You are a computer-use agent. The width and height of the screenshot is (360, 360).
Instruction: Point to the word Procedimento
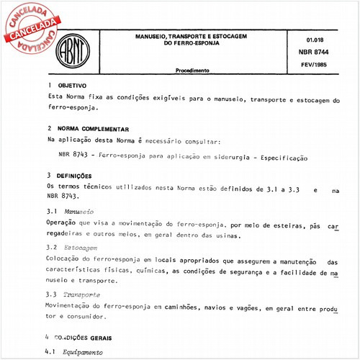point(192,71)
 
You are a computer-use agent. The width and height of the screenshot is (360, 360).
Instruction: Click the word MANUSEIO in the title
point(154,35)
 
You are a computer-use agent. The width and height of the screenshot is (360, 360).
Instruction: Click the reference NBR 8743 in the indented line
point(75,156)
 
